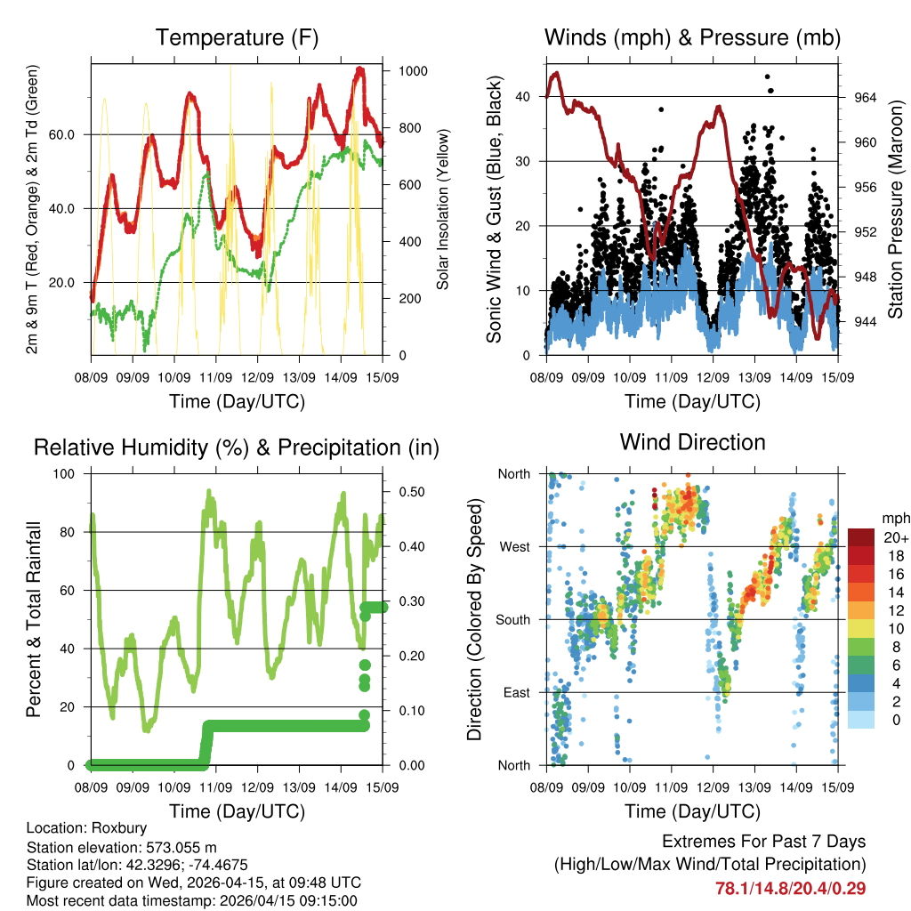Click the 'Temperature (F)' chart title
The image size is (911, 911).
(x=237, y=37)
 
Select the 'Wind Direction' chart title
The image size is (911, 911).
(x=692, y=441)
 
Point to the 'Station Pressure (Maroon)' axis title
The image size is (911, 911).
(x=896, y=209)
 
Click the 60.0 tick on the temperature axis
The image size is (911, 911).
(x=69, y=134)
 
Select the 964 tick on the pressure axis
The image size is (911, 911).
(x=865, y=97)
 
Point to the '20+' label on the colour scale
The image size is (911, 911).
(x=895, y=537)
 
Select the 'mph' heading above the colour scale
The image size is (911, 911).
(x=894, y=518)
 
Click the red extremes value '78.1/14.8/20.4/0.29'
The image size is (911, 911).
(x=790, y=888)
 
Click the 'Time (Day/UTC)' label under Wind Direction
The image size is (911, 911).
(x=692, y=810)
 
